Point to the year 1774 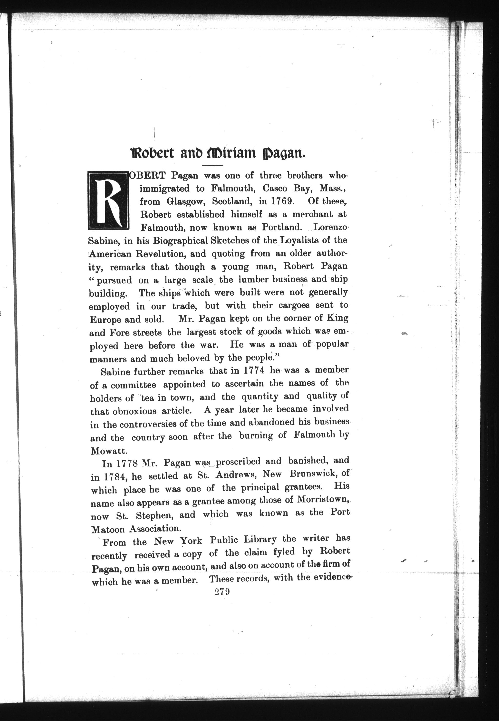coord(254,370)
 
